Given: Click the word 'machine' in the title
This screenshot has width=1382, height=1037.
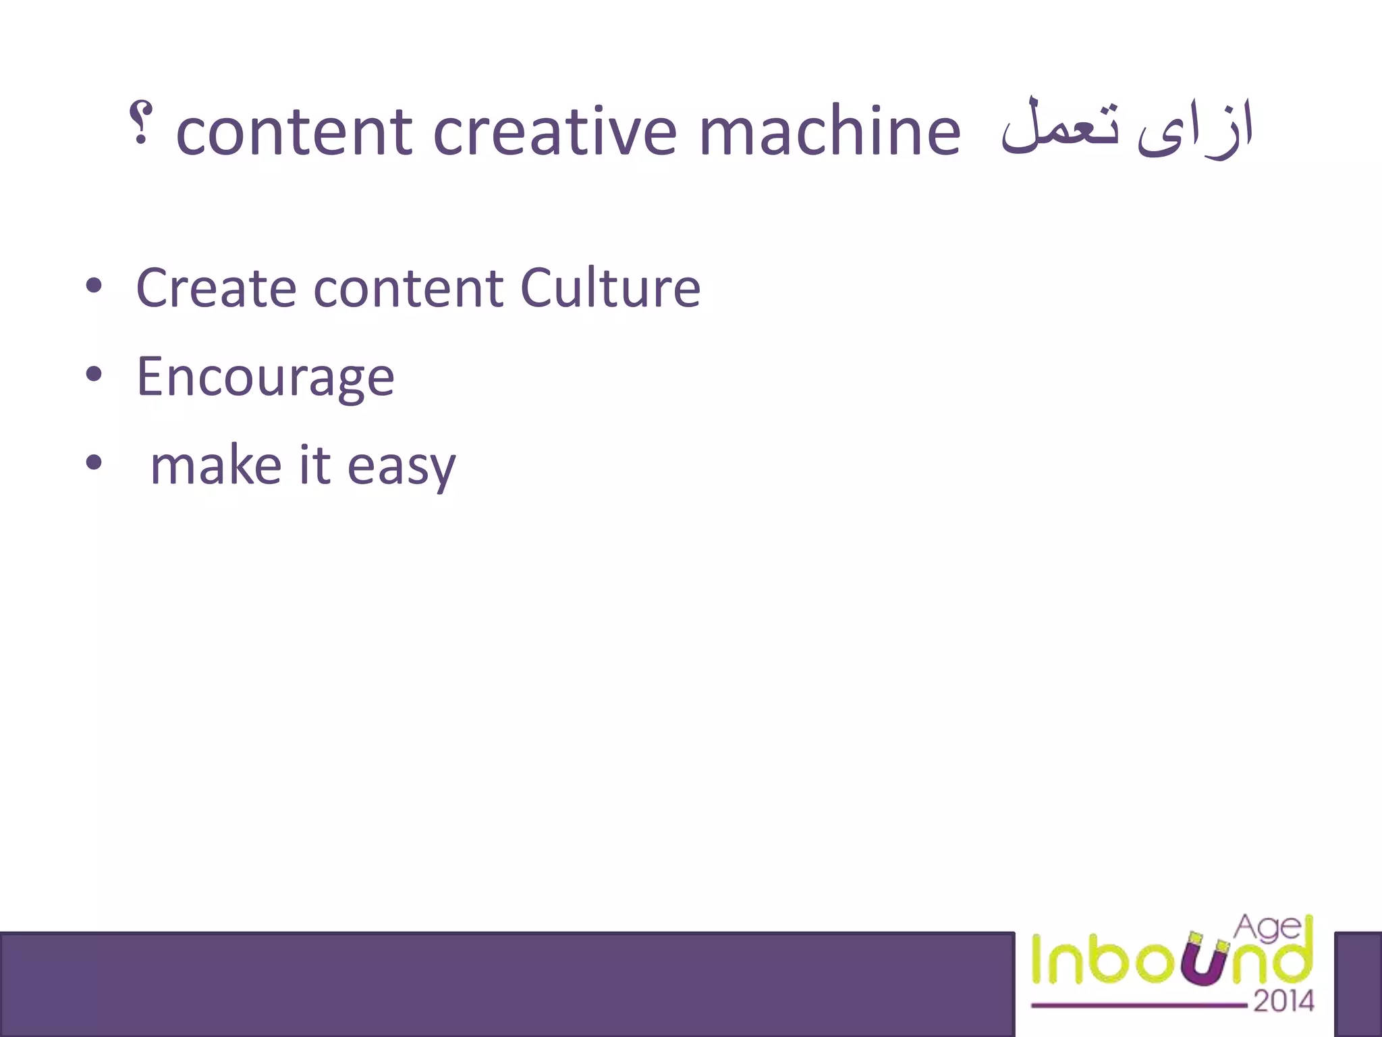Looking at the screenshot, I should [829, 132].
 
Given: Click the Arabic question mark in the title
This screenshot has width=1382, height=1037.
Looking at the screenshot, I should [140, 124].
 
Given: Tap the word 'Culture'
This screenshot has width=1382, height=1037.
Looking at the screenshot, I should [610, 288].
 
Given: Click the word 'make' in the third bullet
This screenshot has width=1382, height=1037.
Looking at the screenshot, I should [215, 466].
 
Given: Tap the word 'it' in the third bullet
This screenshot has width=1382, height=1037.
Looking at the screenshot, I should [314, 466].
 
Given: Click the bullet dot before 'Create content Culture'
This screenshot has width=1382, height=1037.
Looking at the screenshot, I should [94, 286].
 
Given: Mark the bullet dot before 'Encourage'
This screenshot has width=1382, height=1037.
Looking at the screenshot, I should [94, 375].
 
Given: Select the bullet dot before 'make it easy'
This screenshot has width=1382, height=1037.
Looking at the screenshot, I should [94, 464].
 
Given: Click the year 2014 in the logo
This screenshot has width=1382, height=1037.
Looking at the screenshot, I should [1283, 1001].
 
